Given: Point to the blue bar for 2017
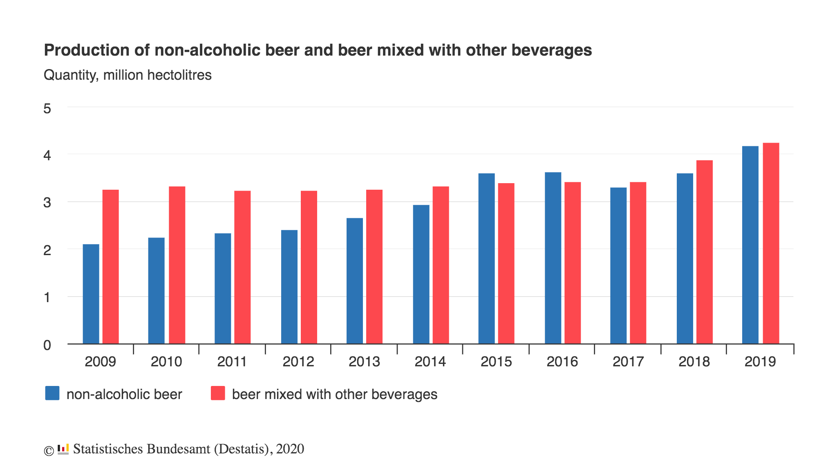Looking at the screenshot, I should [x=618, y=265].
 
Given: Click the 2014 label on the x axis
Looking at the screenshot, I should [x=430, y=362].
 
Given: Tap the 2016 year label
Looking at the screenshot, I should [x=562, y=362].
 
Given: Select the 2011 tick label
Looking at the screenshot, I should [x=232, y=362].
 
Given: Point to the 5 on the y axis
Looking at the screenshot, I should [x=47, y=109].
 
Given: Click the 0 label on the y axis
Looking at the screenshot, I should [x=47, y=345].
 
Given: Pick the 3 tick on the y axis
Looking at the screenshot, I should [x=47, y=203].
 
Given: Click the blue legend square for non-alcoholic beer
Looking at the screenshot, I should [x=52, y=393].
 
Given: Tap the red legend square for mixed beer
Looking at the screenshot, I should [x=218, y=393].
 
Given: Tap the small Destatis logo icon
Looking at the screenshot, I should [x=63, y=449].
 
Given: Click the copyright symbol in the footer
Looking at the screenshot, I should [x=49, y=451].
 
